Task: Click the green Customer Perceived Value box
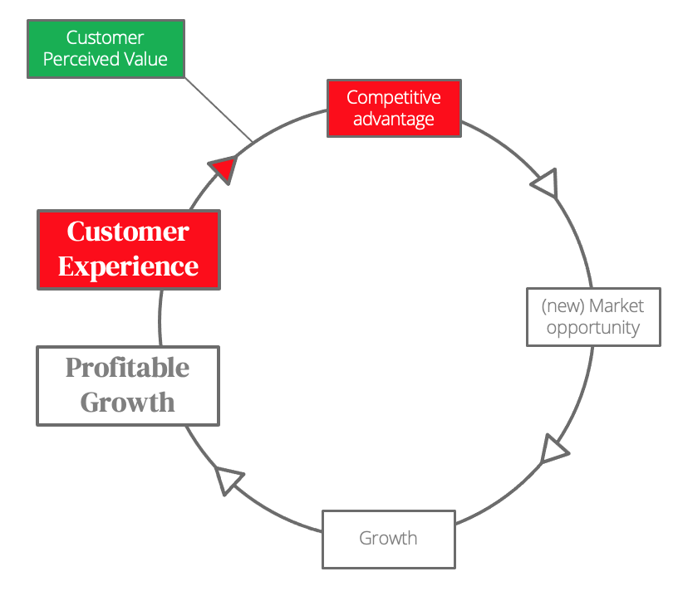click(x=106, y=49)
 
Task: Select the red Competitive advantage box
click(x=394, y=109)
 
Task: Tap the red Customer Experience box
click(x=129, y=250)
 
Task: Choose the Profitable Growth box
click(x=128, y=386)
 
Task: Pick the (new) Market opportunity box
click(x=593, y=317)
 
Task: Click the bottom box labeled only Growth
click(x=389, y=540)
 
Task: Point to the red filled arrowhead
click(x=224, y=169)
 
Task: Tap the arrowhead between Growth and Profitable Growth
click(x=228, y=479)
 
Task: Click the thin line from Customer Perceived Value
click(x=219, y=110)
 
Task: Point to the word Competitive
click(x=394, y=98)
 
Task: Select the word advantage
click(x=394, y=120)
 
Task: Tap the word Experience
click(x=129, y=267)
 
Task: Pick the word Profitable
click(x=128, y=368)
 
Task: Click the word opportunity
click(x=593, y=328)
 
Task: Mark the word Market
click(x=617, y=305)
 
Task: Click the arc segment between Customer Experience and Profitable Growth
click(x=160, y=318)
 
